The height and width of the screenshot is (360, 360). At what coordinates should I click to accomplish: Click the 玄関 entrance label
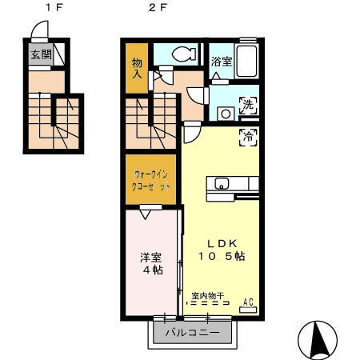(41, 54)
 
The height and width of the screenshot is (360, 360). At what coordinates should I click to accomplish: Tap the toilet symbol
(185, 54)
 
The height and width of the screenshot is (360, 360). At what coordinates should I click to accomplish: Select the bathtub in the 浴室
(247, 61)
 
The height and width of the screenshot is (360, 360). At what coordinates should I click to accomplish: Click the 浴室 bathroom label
(222, 62)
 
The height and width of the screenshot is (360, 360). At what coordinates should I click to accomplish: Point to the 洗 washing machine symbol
(248, 105)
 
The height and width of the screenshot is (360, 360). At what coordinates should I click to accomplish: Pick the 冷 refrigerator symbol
(248, 137)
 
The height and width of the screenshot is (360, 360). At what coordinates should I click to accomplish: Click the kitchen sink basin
(222, 183)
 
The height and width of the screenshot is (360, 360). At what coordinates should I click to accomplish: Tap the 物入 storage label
(137, 69)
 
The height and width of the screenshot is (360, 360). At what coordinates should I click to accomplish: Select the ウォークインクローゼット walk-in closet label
(151, 181)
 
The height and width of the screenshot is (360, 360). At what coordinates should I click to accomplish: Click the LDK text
(222, 243)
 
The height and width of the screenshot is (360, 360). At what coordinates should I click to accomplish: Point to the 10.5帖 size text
(222, 256)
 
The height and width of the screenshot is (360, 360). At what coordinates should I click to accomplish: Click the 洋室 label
(151, 258)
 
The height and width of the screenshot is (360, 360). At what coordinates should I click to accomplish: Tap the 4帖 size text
(153, 270)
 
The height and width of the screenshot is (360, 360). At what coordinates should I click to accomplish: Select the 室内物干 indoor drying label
(208, 296)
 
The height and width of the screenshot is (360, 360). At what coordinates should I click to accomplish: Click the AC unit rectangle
(248, 310)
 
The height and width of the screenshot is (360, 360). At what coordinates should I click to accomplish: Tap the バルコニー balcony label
(193, 332)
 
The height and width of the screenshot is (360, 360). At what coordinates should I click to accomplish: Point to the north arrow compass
(318, 340)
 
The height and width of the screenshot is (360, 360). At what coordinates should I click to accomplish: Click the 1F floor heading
(54, 7)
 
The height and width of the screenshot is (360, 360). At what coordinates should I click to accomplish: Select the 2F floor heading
(158, 7)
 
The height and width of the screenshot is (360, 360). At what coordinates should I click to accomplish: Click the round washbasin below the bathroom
(226, 114)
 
